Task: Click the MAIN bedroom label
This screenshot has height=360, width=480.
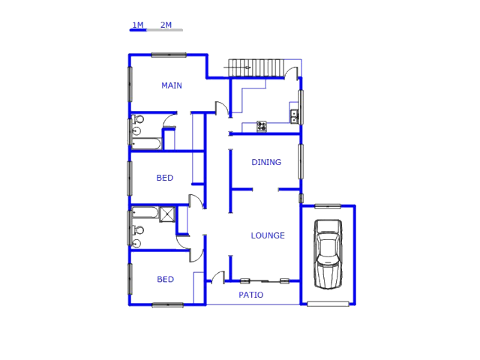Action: [172, 85]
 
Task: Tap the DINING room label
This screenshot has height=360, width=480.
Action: [266, 162]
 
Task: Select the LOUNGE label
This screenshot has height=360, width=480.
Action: [268, 235]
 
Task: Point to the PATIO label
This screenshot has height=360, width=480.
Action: [251, 295]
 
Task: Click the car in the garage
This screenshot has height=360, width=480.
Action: [328, 254]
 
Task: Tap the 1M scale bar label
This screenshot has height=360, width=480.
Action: [138, 25]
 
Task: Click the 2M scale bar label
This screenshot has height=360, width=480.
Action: [166, 25]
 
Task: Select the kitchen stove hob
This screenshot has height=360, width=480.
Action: [262, 127]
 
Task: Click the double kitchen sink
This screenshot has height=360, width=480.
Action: [294, 116]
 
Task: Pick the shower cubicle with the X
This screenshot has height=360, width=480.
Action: [167, 214]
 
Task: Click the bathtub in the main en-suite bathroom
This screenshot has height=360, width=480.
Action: [146, 143]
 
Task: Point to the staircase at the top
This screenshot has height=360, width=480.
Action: [256, 67]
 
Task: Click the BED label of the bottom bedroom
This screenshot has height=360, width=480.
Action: [165, 279]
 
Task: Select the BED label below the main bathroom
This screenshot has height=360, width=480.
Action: [165, 178]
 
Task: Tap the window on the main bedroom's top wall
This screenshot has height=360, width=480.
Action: [169, 55]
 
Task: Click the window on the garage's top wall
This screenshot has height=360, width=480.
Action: [328, 206]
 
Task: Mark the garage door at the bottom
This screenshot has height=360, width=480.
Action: [328, 304]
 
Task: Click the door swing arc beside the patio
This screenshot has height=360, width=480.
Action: [217, 277]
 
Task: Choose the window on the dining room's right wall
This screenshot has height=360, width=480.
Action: [301, 162]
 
